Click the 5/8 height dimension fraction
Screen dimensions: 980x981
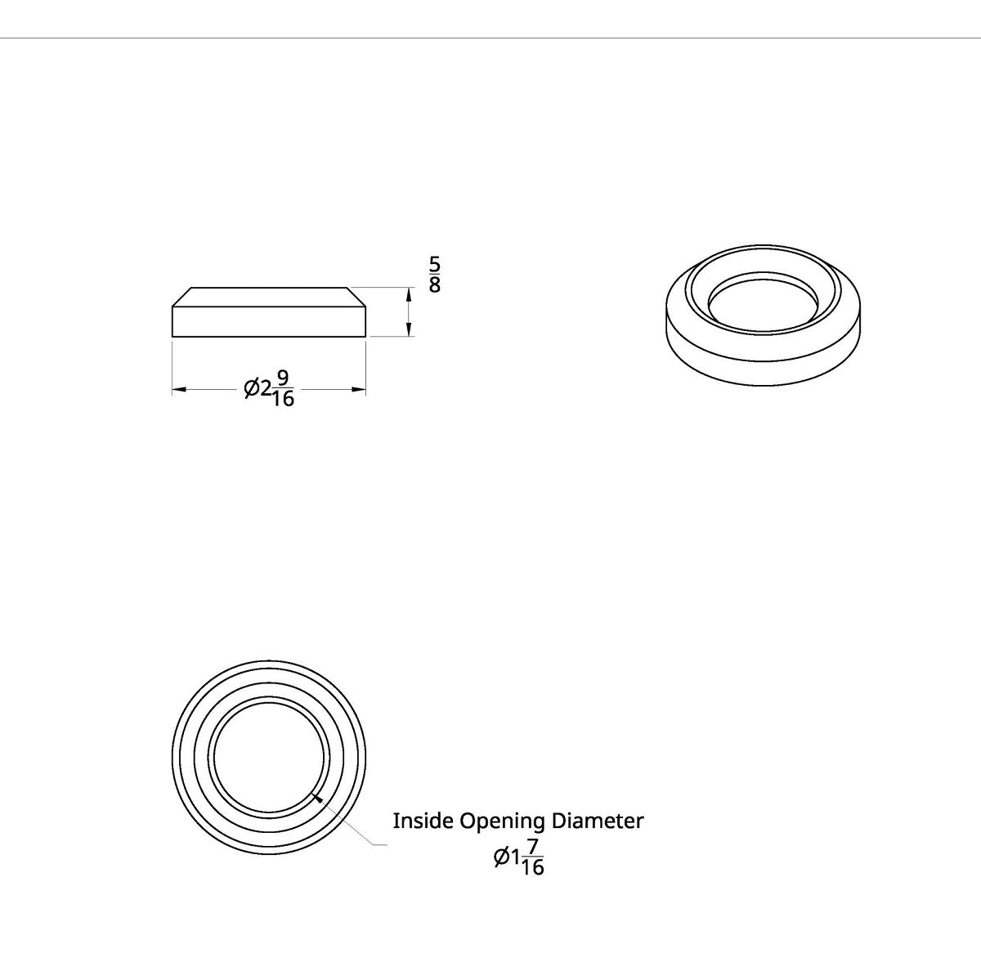click(435, 275)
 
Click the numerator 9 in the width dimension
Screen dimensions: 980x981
click(283, 378)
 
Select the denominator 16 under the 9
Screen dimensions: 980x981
click(283, 399)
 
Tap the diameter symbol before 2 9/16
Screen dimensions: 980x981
click(252, 389)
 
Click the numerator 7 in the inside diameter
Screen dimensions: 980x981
click(532, 845)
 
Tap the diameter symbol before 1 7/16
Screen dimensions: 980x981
click(502, 857)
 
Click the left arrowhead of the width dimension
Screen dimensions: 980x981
click(179, 390)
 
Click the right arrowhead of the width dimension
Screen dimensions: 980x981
click(359, 390)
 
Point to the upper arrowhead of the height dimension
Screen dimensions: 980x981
click(407, 294)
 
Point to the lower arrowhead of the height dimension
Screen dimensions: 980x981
click(407, 329)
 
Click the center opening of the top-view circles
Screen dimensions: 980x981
click(269, 755)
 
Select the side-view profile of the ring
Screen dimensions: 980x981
click(269, 319)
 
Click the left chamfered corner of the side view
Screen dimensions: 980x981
click(181, 297)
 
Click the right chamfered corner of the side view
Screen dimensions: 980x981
click(356, 297)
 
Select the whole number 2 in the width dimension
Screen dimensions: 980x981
click(265, 389)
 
